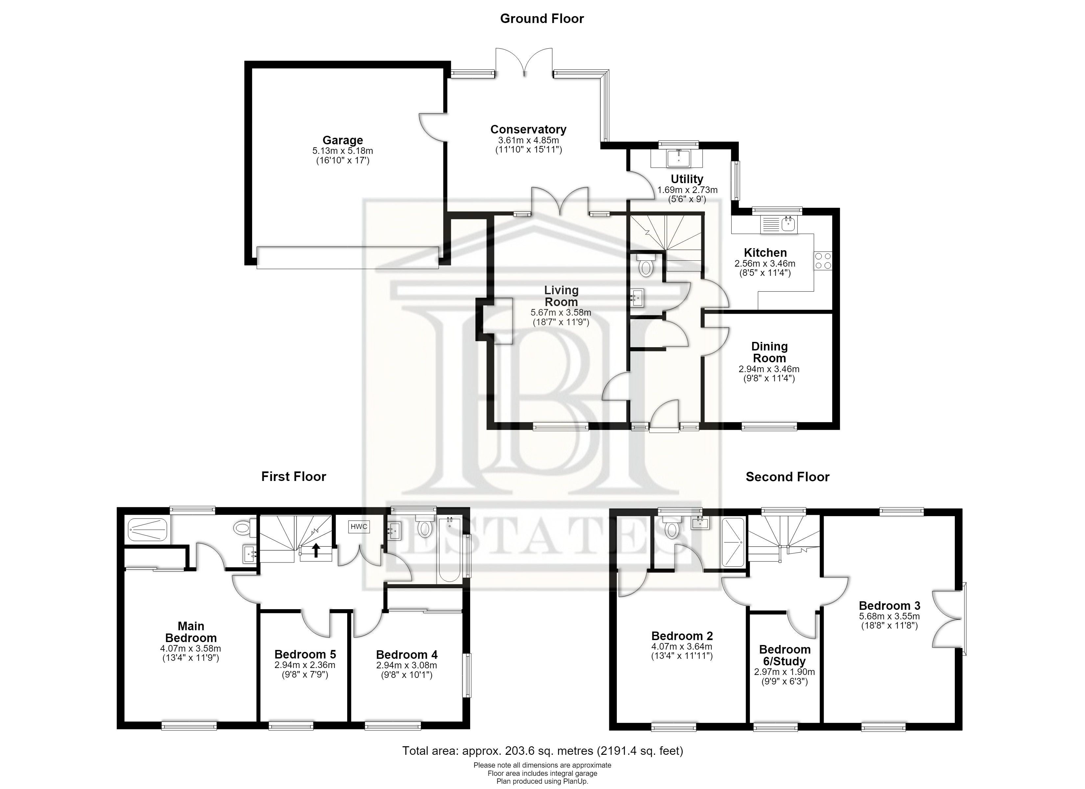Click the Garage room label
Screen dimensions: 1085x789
coord(343,140)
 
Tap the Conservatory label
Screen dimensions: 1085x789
coord(528,129)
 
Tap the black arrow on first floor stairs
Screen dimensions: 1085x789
coord(316,550)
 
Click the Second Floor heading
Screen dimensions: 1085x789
coord(787,477)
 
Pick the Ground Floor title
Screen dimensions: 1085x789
coord(542,19)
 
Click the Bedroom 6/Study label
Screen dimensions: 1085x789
coord(784,656)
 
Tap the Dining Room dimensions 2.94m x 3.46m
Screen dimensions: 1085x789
coord(769,369)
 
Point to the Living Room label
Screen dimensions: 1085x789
coord(561,296)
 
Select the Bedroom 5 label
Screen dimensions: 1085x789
coord(305,654)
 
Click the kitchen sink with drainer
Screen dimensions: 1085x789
coord(778,225)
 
